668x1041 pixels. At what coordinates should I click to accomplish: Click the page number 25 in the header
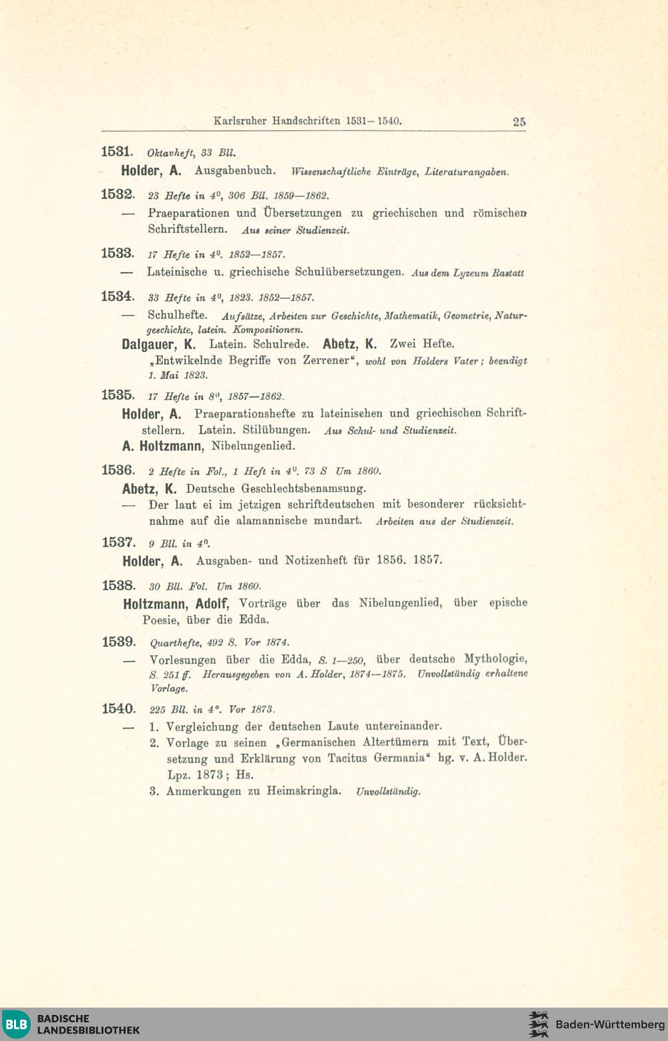(519, 122)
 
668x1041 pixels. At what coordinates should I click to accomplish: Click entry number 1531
(118, 151)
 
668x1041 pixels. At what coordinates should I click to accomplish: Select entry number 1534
(118, 296)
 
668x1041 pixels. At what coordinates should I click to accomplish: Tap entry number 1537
(118, 542)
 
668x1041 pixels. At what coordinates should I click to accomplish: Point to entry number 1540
(118, 708)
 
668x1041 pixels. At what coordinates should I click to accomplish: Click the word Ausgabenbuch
(235, 170)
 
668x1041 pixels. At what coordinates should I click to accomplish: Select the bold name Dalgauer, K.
(159, 345)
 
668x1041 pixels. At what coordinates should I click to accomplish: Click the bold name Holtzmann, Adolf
(176, 604)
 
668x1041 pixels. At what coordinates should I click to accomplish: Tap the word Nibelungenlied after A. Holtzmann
(253, 445)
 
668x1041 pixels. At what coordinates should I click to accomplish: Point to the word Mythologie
(496, 658)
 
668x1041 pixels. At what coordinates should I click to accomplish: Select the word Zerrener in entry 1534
(326, 361)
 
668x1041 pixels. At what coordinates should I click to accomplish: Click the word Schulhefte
(177, 315)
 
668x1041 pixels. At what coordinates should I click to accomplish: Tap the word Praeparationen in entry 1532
(188, 213)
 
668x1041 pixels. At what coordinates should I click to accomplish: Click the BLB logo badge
(16, 1024)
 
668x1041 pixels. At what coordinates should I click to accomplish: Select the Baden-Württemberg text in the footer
(609, 1024)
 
